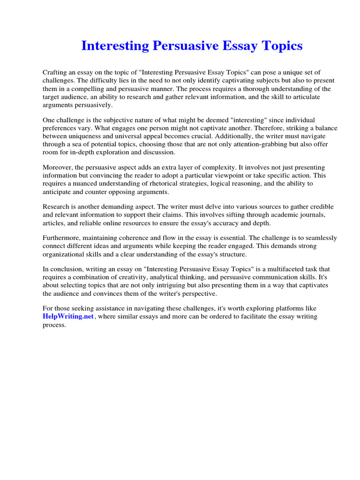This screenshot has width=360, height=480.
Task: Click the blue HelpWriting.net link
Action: click(x=68, y=317)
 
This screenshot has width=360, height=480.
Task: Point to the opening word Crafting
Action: click(x=55, y=72)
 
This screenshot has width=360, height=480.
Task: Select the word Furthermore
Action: click(x=63, y=238)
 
